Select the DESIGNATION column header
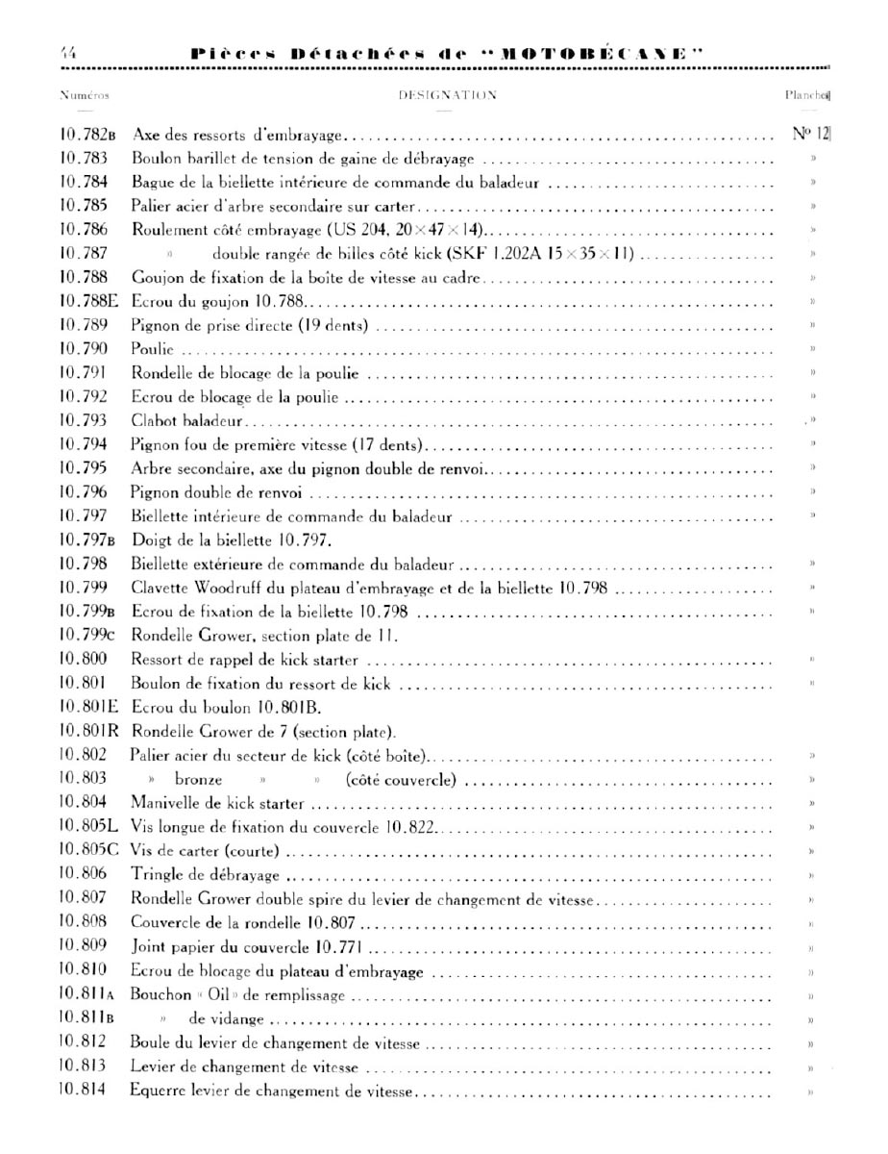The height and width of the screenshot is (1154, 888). coord(447,96)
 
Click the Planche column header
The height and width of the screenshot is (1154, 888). coord(807,96)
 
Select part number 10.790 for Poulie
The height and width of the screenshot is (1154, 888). coord(83,349)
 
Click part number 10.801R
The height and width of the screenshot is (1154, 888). coord(89,731)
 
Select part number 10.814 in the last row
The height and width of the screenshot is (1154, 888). coord(83,1091)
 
